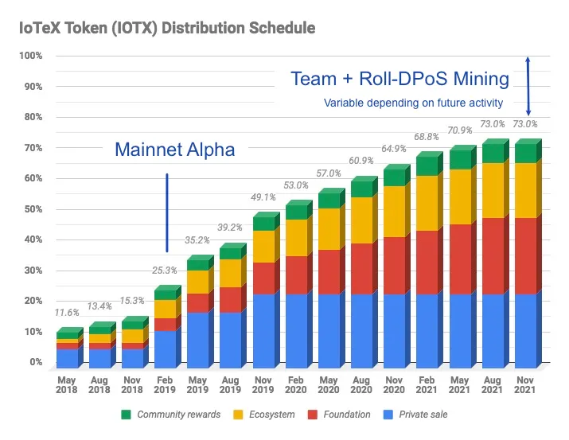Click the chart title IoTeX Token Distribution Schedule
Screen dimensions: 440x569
162,28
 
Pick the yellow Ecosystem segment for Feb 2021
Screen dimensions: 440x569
427,203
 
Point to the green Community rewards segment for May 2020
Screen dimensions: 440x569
327,201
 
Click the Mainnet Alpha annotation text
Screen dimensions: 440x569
175,149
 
